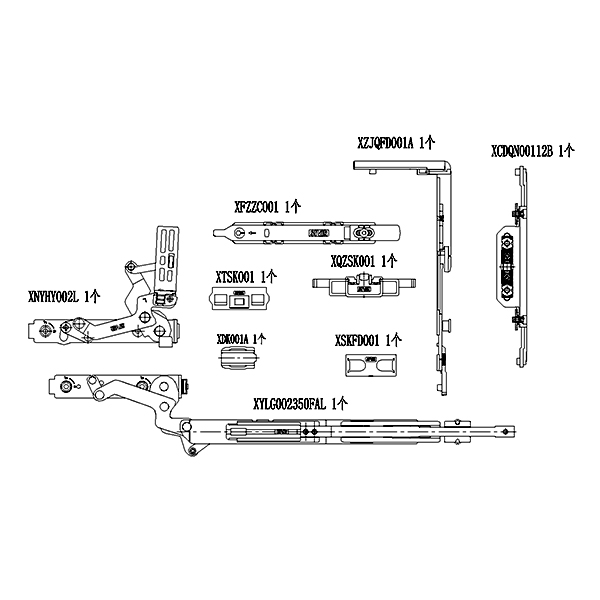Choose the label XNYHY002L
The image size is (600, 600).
(x=53, y=296)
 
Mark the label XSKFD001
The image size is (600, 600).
(x=359, y=341)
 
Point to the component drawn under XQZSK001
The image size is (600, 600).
(x=356, y=284)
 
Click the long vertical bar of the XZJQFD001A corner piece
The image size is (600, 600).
(x=440, y=280)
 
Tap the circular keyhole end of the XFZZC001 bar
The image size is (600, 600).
(x=239, y=231)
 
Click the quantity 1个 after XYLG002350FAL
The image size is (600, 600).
(x=339, y=404)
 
